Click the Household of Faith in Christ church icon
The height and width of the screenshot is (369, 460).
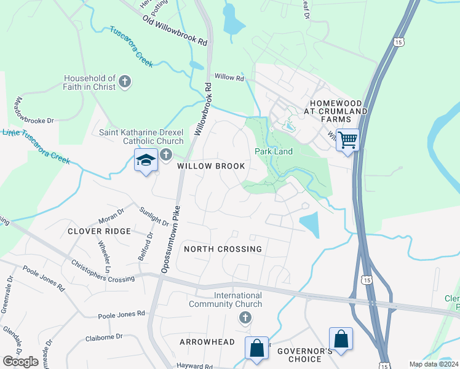[125, 82]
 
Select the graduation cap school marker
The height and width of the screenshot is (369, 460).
[145, 161]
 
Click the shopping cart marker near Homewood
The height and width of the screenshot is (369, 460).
[347, 141]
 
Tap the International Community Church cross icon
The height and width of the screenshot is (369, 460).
[245, 318]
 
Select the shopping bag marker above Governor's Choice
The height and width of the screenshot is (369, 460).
[341, 338]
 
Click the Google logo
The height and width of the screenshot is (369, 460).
[20, 362]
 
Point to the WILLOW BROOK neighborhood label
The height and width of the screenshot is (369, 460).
[211, 166]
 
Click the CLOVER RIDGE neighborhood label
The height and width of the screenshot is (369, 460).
[99, 231]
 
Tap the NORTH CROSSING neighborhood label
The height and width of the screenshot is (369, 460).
[223, 249]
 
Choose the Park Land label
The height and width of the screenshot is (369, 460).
[274, 151]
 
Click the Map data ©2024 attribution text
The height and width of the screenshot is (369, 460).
[434, 364]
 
